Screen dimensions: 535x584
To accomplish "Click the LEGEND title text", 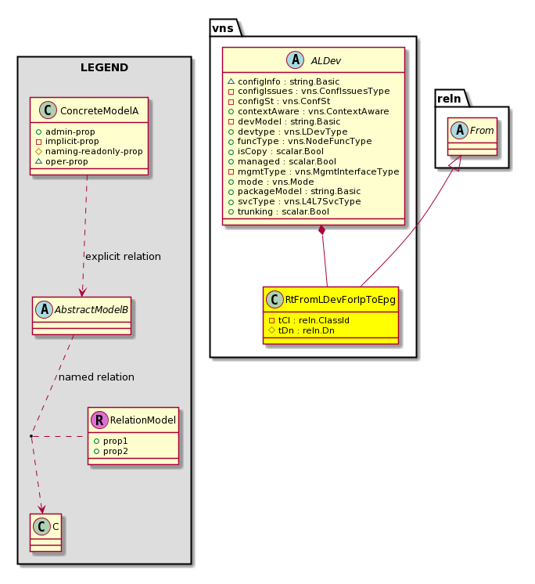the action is (104, 67).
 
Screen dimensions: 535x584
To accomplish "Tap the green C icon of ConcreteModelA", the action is (48, 110).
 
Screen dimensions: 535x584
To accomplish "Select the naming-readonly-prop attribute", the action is (89, 151).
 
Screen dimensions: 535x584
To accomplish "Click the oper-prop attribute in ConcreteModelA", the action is (62, 161).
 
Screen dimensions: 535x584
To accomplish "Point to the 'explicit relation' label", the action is (123, 256).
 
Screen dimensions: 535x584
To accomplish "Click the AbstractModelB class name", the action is (92, 309).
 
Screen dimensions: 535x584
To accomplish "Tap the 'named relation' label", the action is (96, 377).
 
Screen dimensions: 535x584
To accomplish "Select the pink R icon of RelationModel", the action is (99, 420).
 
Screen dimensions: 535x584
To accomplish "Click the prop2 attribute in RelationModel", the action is (111, 451).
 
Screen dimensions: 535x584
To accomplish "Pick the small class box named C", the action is (46, 532).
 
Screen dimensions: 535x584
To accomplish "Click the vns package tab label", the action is (223, 28).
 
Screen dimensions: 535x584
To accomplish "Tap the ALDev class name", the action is (326, 60).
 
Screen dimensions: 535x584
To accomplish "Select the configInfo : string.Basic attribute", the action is (283, 81).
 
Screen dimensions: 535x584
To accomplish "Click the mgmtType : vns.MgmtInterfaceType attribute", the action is (314, 171).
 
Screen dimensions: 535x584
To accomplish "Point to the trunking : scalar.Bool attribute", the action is (278, 211).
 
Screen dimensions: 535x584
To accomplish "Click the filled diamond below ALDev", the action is (321, 230).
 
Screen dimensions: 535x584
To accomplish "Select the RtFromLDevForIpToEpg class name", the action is (340, 300).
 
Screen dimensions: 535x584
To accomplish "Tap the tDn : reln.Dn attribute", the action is (301, 330).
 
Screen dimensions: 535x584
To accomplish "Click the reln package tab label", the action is (449, 99).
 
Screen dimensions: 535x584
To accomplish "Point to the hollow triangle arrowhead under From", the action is (460, 163).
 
